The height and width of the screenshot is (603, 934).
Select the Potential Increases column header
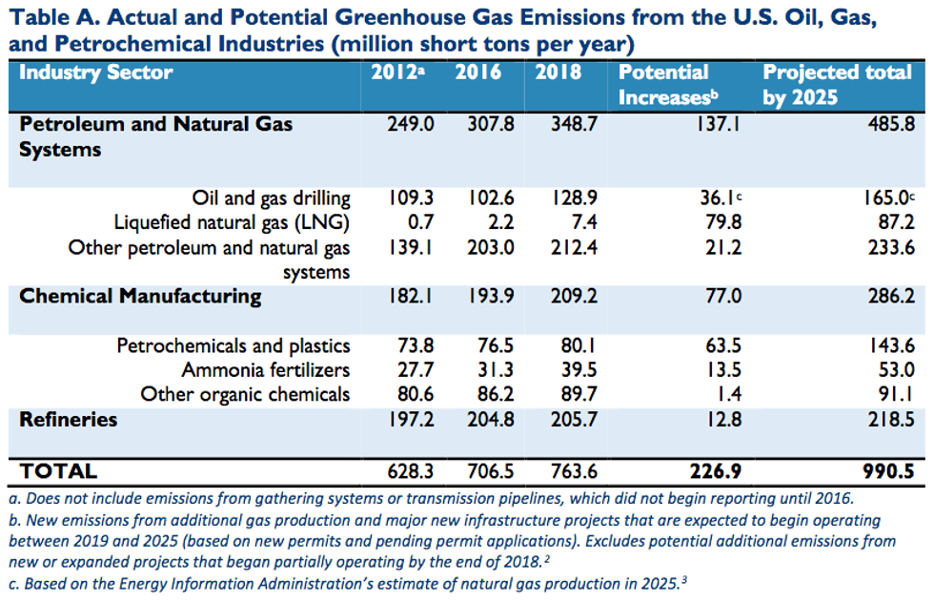point(664,85)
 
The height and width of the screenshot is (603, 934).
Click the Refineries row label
point(69,419)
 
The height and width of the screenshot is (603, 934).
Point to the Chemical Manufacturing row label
point(140,296)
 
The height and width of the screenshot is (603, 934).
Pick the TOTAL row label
point(58,470)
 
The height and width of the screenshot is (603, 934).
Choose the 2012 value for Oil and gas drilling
point(412,198)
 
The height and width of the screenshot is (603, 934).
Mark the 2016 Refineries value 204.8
point(492,420)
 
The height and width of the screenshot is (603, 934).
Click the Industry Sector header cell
point(96,73)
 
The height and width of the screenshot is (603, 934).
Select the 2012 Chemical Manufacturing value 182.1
point(412,296)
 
